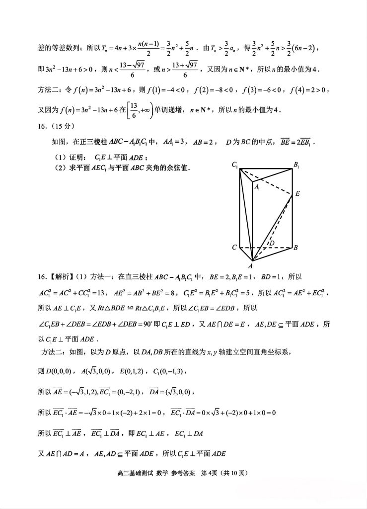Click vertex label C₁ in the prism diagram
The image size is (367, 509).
coord(234,165)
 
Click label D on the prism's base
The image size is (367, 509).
coord(271,243)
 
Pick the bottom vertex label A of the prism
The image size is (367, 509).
coord(251,265)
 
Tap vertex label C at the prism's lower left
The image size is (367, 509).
coord(233,247)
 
